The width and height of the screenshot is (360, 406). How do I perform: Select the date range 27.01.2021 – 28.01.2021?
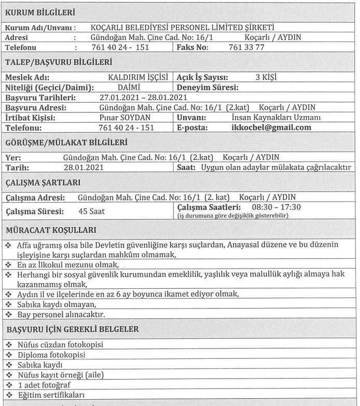coord(143,97)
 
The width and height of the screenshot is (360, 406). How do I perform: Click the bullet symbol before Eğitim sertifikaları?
coord(8,396)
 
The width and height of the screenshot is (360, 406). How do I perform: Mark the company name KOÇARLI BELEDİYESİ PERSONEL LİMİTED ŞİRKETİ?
coord(183,27)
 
